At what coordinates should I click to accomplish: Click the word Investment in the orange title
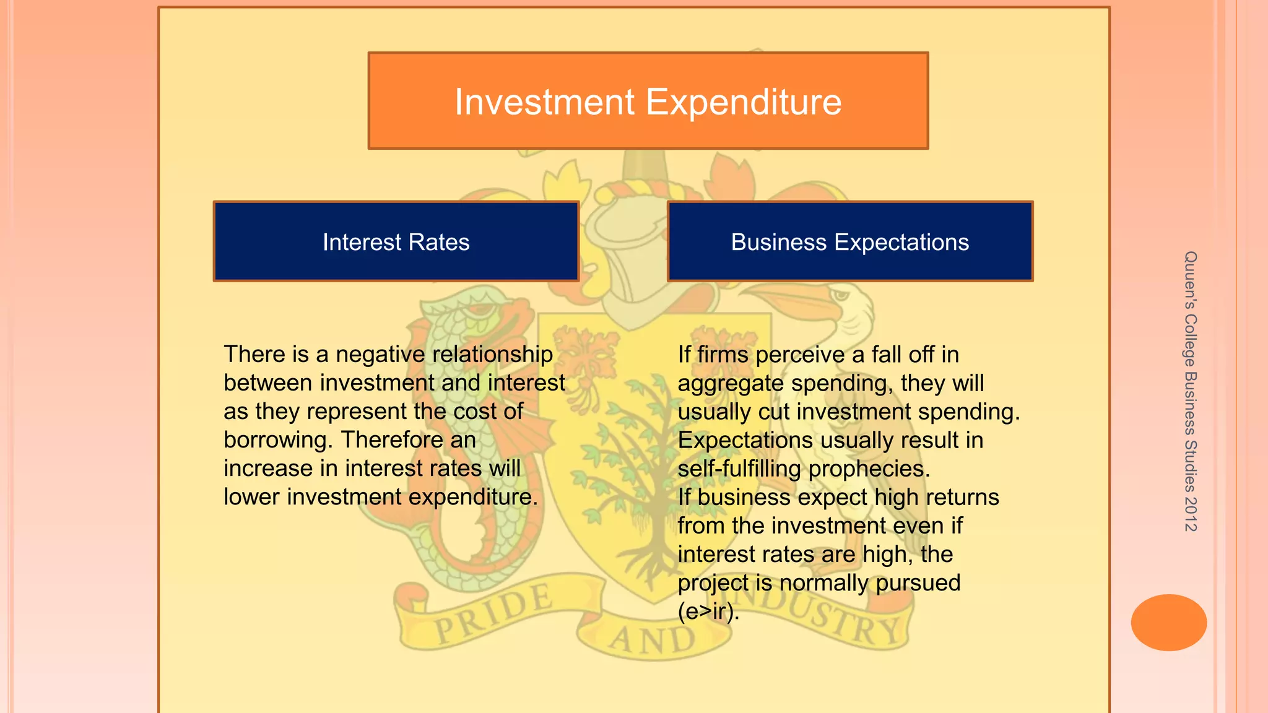pos(545,102)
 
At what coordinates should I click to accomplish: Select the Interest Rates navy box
pos(396,242)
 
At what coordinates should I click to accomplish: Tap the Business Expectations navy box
pos(850,242)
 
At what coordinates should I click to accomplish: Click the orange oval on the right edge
pos(1168,623)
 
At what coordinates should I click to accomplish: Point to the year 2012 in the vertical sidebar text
pos(1190,514)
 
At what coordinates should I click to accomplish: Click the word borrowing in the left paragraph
pos(279,440)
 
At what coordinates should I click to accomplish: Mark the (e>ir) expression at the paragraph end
pos(708,611)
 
